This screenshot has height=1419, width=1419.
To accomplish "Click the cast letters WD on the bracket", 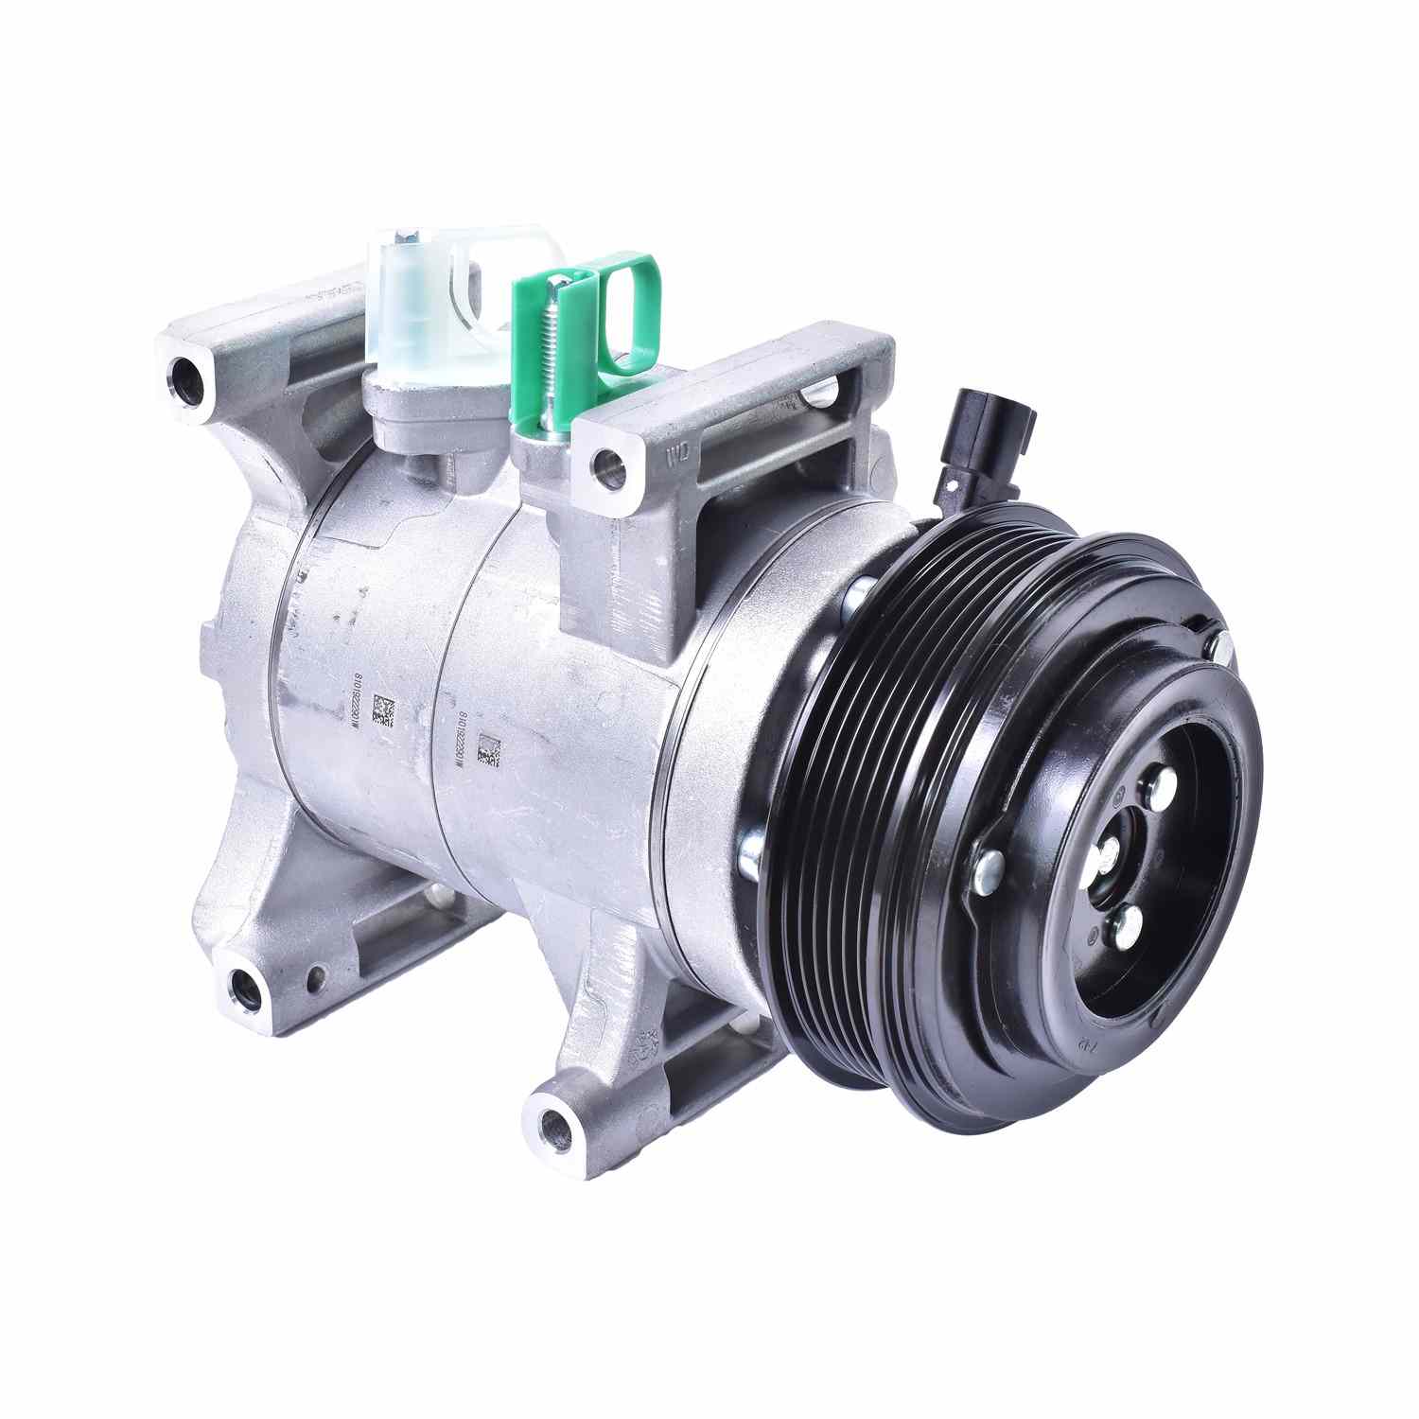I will [x=677, y=455].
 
